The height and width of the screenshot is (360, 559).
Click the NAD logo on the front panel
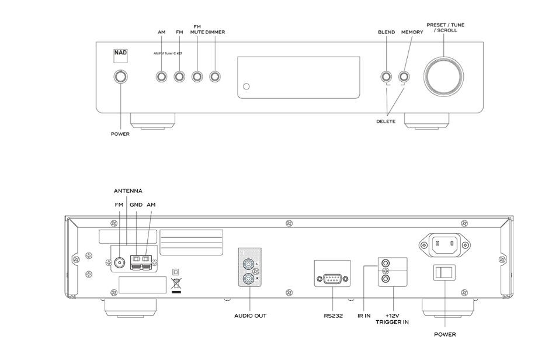[x=120, y=56]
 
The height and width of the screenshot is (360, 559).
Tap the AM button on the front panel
[x=161, y=77]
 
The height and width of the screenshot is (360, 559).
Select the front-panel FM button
[x=179, y=77]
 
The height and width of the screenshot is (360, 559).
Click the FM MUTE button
[x=197, y=77]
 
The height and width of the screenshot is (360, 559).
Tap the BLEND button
[x=386, y=77]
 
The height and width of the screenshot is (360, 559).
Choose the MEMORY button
[x=404, y=77]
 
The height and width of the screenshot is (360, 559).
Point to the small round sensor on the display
[x=246, y=88]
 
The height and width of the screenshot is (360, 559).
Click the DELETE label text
[x=386, y=122]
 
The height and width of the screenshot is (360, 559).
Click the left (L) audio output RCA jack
[x=249, y=264]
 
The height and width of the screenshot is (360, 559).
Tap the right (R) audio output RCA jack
[x=249, y=279]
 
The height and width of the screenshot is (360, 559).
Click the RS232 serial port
[x=332, y=279]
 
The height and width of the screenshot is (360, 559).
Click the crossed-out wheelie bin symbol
[x=176, y=285]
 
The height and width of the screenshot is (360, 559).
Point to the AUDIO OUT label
[x=250, y=316]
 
